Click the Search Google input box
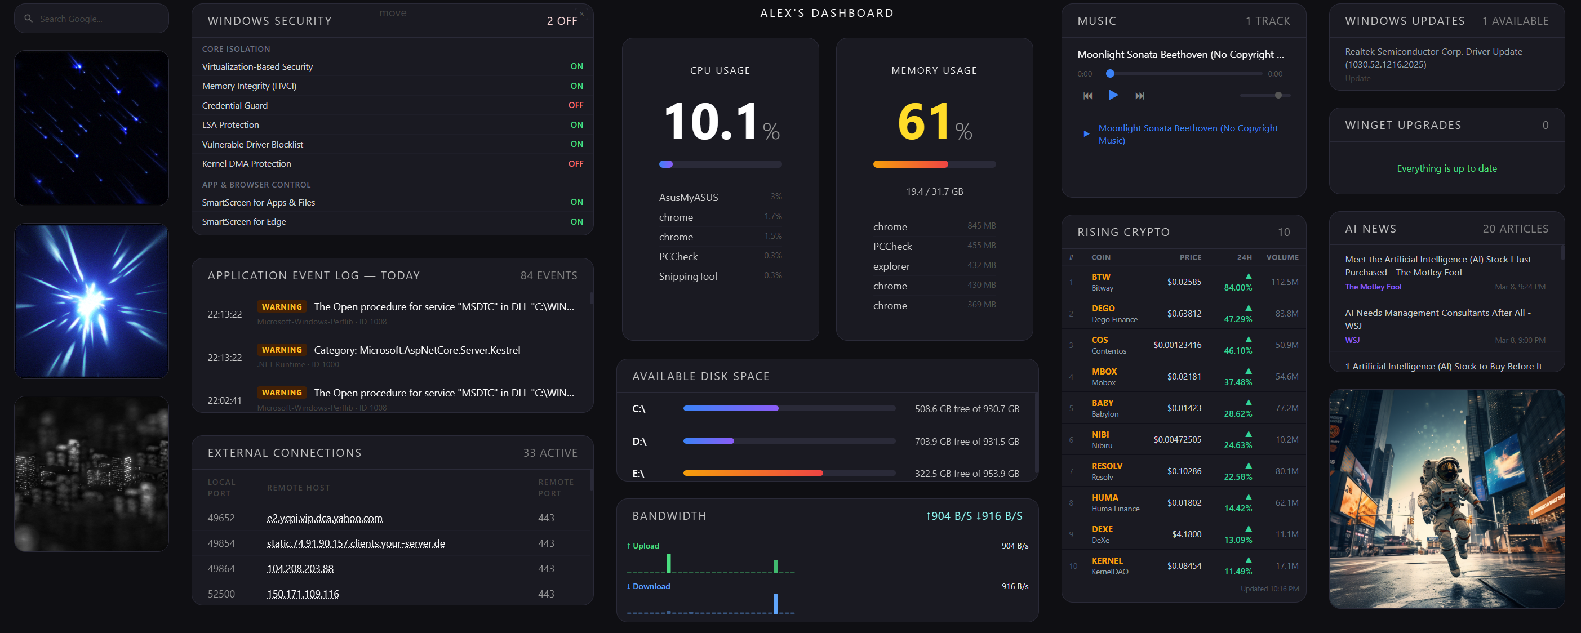92,19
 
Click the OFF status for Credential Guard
575,105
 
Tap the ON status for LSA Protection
576,124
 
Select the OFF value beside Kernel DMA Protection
575,164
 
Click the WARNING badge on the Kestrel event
282,350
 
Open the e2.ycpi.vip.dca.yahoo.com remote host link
324,518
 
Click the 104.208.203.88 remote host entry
300,569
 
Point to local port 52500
221,594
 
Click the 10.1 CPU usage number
710,122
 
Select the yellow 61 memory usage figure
923,122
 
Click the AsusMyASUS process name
688,198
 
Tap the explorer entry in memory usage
891,266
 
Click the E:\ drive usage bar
789,473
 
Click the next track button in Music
1139,96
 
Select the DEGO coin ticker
1102,309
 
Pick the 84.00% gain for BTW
1237,288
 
